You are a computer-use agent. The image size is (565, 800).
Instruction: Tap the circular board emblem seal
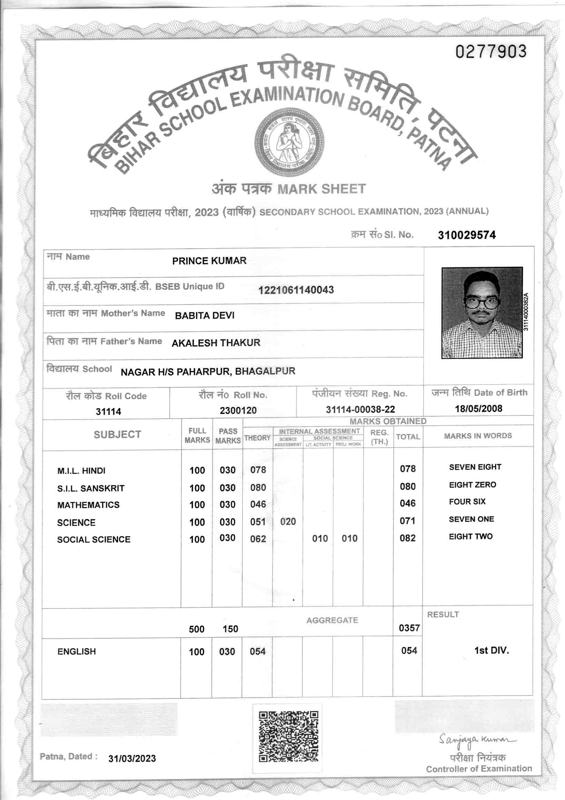(x=288, y=142)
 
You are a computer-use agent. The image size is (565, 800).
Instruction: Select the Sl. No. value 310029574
(x=467, y=235)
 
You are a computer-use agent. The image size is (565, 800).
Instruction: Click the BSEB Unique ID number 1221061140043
(x=296, y=290)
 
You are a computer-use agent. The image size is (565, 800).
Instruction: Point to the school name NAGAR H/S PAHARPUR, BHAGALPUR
(x=208, y=371)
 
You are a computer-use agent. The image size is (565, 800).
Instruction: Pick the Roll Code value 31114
(x=108, y=411)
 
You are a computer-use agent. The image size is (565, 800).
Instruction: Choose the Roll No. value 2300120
(x=238, y=410)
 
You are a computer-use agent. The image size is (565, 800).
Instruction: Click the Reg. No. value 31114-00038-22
(x=360, y=409)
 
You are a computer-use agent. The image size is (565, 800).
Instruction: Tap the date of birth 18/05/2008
(x=478, y=408)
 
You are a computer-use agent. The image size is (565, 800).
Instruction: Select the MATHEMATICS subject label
(x=88, y=505)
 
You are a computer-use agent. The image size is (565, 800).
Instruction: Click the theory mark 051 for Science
(x=258, y=522)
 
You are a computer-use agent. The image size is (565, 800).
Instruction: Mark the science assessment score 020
(x=288, y=522)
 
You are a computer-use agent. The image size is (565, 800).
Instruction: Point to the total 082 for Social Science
(x=407, y=538)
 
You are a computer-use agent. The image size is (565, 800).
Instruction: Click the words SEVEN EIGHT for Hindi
(x=475, y=467)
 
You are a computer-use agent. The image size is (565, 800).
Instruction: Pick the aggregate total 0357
(x=409, y=628)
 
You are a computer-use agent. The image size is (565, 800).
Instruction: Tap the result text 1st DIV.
(x=492, y=650)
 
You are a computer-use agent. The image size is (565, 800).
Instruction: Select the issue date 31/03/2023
(x=132, y=759)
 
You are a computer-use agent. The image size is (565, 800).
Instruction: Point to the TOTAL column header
(x=408, y=437)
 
